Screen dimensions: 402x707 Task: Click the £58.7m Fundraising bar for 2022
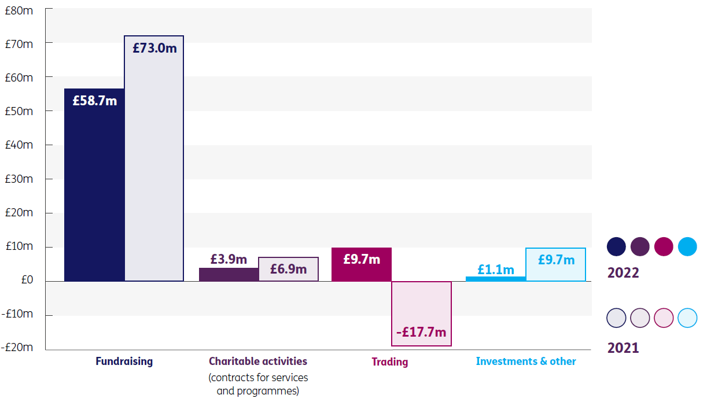coord(94,185)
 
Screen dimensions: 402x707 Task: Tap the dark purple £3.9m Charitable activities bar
coord(229,275)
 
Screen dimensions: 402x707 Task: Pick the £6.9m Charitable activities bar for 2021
coord(288,270)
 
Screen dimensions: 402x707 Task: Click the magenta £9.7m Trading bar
coord(362,265)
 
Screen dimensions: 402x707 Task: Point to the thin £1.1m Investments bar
coord(496,279)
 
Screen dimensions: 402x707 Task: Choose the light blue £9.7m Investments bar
coord(555,265)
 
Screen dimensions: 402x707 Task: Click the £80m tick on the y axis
coord(19,10)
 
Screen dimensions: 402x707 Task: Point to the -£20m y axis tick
coord(17,348)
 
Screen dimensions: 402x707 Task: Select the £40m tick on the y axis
coord(19,145)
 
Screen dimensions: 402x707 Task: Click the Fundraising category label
coord(124,362)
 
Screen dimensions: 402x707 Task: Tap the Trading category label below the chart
coord(389,362)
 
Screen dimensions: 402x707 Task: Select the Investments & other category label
coord(526,362)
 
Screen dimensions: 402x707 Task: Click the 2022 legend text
coord(623,272)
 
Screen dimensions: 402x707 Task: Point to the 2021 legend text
coord(623,348)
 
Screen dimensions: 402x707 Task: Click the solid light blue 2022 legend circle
coord(687,247)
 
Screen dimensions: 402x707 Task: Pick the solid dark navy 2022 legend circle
coord(616,247)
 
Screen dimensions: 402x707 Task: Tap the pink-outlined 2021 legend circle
coord(664,318)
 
